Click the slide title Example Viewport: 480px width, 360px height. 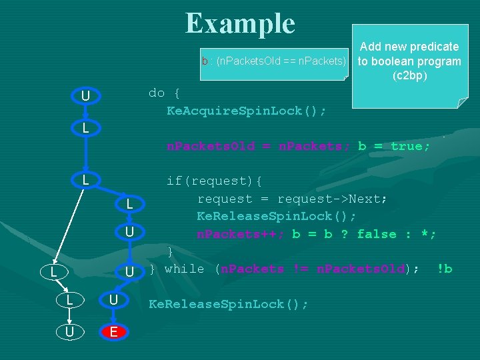(240, 24)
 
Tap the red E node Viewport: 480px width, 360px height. (113, 331)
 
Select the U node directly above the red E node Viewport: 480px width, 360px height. (113, 300)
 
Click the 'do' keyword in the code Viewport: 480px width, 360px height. (157, 93)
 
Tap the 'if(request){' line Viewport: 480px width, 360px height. (214, 181)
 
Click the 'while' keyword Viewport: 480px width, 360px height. (184, 269)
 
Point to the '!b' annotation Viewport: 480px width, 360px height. (444, 269)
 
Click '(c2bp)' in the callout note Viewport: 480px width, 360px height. (409, 76)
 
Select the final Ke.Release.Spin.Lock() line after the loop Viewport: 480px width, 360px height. (228, 304)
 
